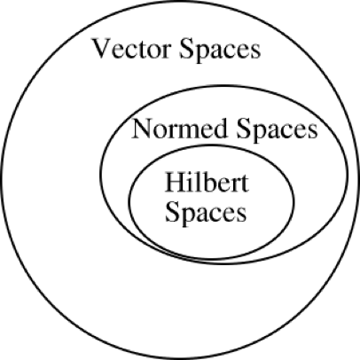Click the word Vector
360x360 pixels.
(x=131, y=49)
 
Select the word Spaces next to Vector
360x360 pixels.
(x=220, y=51)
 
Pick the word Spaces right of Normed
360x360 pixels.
(x=277, y=130)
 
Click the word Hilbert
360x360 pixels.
(x=207, y=182)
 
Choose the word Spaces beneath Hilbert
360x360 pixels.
(x=206, y=212)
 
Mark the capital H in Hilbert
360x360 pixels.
(x=176, y=183)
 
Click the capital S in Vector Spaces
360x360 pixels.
(x=185, y=49)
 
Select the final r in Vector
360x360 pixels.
(x=165, y=51)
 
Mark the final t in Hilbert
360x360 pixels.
(x=245, y=184)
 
